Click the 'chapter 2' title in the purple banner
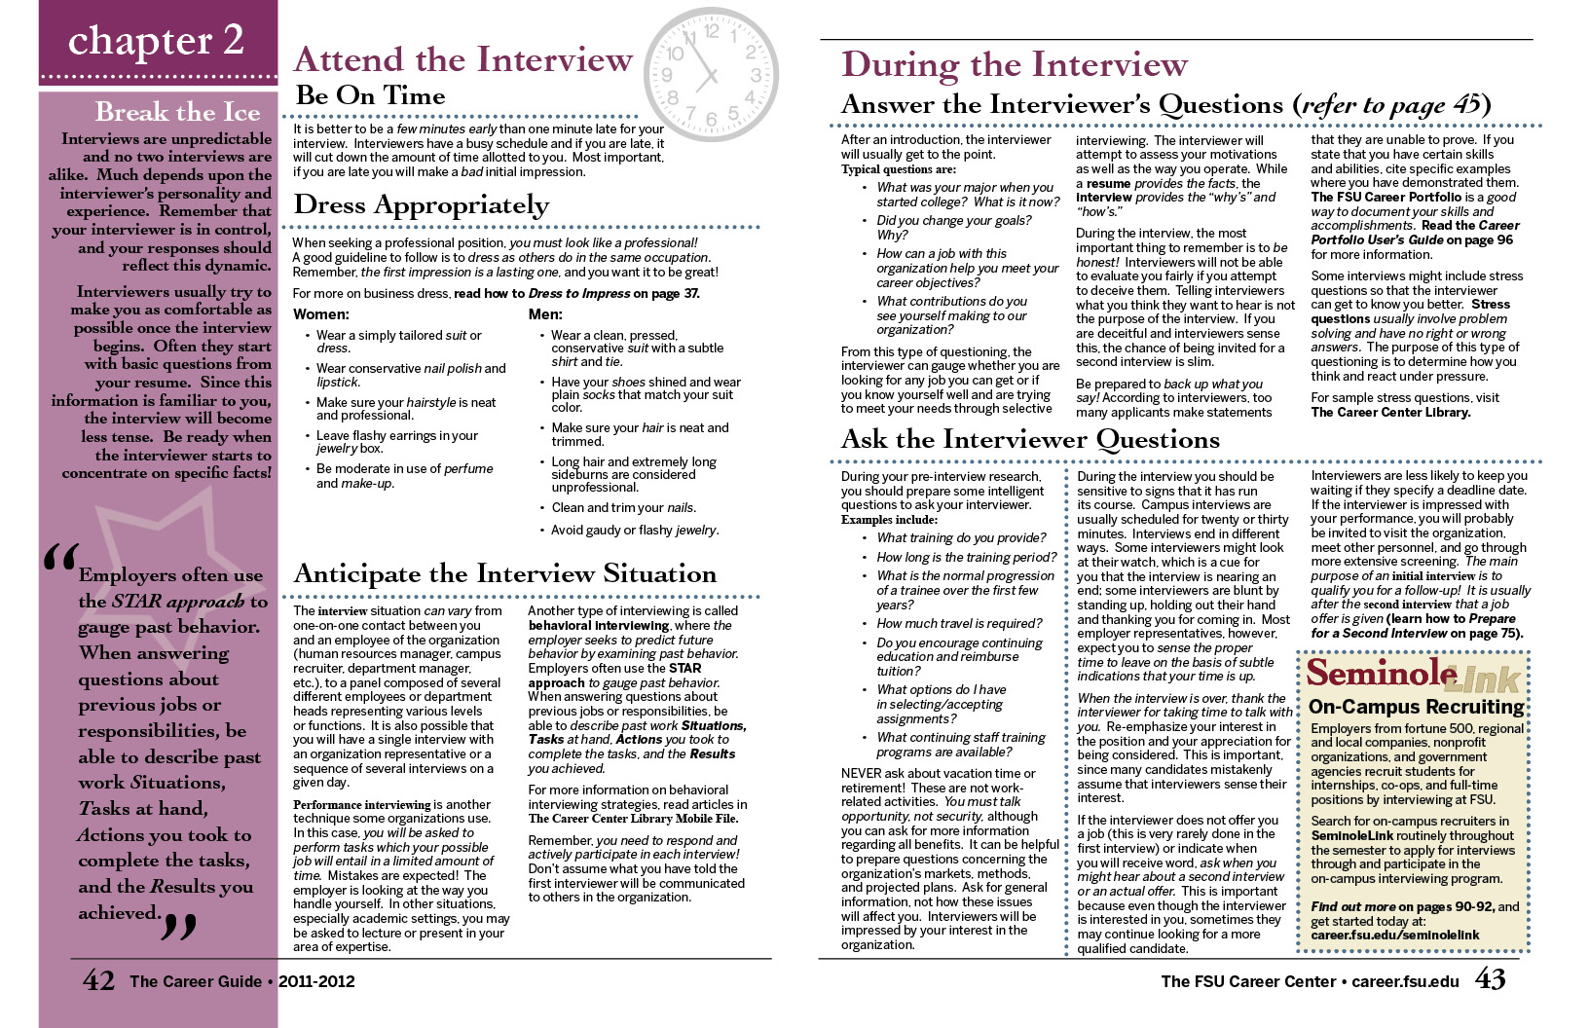pos(156,41)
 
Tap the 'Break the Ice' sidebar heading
pos(177,112)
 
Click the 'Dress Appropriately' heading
pos(421,205)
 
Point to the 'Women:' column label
pos(320,314)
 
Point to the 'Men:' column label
pos(545,314)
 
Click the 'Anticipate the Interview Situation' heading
pos(504,573)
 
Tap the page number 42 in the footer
pos(98,980)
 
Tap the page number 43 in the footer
pos(1490,979)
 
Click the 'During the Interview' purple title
pos(1014,65)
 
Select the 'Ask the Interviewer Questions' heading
pos(1029,440)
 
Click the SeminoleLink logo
pos(1413,674)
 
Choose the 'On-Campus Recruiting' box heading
pos(1416,707)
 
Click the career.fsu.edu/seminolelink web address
pos(1394,935)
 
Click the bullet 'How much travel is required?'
pos(959,623)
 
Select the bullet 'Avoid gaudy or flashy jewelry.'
pos(635,531)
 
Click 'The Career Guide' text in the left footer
pos(196,981)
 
